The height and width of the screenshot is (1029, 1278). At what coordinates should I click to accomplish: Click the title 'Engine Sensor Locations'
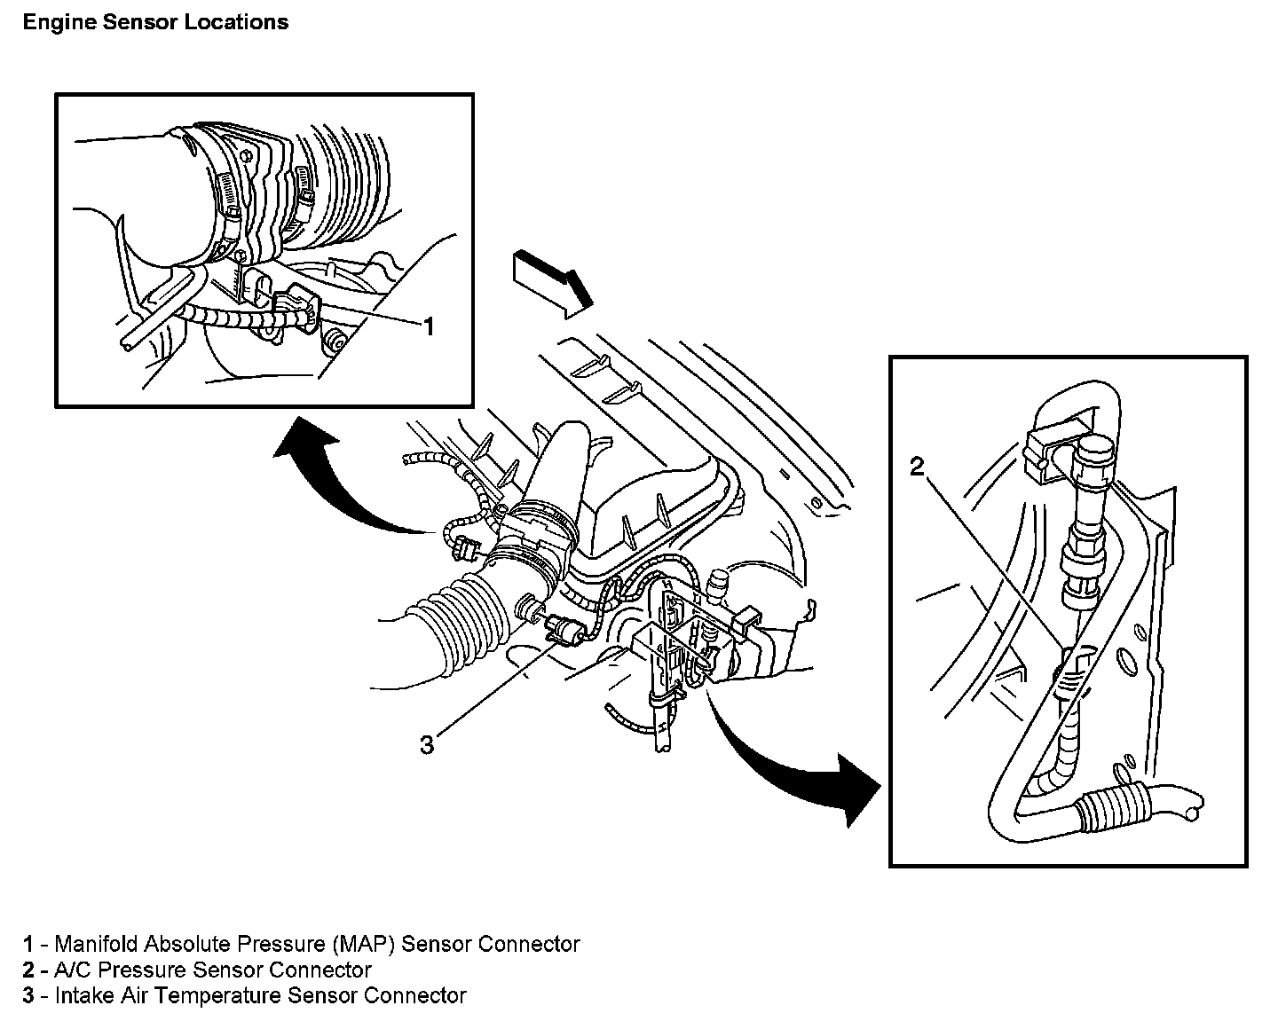click(155, 22)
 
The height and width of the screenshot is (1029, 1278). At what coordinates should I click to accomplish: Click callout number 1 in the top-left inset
click(428, 327)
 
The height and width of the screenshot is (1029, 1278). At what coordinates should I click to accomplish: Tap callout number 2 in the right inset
click(918, 467)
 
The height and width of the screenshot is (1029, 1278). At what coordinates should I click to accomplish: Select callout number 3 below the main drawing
click(427, 744)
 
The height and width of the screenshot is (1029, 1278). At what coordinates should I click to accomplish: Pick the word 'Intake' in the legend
click(83, 995)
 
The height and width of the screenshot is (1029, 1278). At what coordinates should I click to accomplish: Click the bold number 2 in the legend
click(28, 970)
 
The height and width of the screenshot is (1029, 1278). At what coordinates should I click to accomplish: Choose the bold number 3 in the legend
click(28, 995)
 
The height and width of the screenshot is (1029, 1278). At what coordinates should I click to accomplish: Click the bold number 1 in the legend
click(28, 944)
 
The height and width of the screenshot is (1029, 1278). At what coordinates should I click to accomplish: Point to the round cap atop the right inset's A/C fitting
click(1089, 460)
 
